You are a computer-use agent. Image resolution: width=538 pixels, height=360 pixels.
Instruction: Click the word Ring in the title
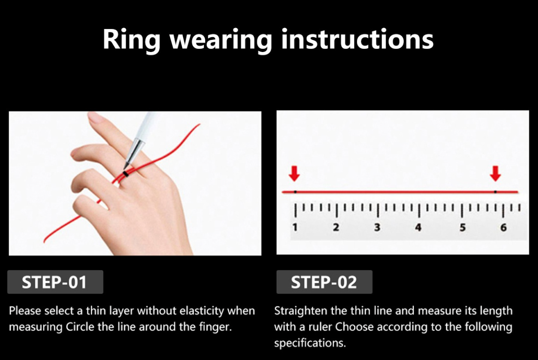pyautogui.click(x=131, y=40)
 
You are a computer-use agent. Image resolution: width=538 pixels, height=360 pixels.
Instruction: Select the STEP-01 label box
pyautogui.click(x=55, y=282)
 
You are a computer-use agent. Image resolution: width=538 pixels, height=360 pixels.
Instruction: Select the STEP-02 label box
pyautogui.click(x=324, y=282)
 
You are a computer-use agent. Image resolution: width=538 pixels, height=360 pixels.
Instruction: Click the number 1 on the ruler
pyautogui.click(x=295, y=227)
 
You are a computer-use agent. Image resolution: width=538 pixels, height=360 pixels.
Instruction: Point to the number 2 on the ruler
pyautogui.click(x=336, y=227)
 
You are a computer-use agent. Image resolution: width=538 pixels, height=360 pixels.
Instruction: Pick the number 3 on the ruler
pyautogui.click(x=377, y=227)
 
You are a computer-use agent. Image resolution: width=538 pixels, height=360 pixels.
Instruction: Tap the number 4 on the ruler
pyautogui.click(x=418, y=227)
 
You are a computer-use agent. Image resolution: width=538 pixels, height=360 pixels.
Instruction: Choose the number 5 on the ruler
pyautogui.click(x=462, y=227)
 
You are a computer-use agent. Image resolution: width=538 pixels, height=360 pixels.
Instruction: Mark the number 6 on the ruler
pyautogui.click(x=503, y=227)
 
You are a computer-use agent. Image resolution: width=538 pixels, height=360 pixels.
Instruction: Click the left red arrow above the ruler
pyautogui.click(x=294, y=174)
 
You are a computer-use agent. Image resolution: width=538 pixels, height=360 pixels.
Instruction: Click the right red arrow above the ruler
pyautogui.click(x=495, y=174)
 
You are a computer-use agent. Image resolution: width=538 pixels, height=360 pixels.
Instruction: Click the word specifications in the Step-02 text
pyautogui.click(x=310, y=343)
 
